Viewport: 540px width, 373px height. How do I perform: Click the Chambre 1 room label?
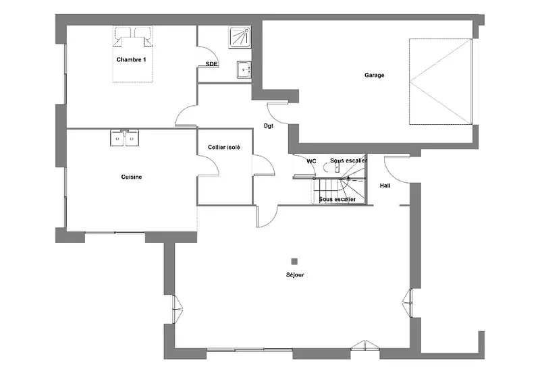(131, 59)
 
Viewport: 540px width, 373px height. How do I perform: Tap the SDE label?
(211, 64)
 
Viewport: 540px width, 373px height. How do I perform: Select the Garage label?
(375, 75)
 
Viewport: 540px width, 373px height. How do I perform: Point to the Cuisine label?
(132, 177)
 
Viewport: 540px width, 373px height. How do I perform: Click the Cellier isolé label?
(224, 147)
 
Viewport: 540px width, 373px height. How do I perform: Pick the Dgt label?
(269, 126)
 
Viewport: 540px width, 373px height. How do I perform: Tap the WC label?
(311, 161)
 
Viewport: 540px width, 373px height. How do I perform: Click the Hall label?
(385, 185)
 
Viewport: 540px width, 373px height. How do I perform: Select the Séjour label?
(295, 275)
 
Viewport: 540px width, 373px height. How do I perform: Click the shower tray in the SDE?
(240, 36)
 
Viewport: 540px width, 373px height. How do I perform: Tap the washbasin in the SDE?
(244, 70)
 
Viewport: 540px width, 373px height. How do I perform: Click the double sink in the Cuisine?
(125, 138)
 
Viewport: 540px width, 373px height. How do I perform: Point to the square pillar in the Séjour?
(294, 262)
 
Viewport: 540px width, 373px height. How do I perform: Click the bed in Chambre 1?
(133, 55)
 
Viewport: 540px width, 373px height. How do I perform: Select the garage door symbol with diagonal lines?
(441, 82)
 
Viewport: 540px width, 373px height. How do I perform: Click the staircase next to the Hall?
(340, 181)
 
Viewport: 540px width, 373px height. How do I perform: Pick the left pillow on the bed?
(124, 32)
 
